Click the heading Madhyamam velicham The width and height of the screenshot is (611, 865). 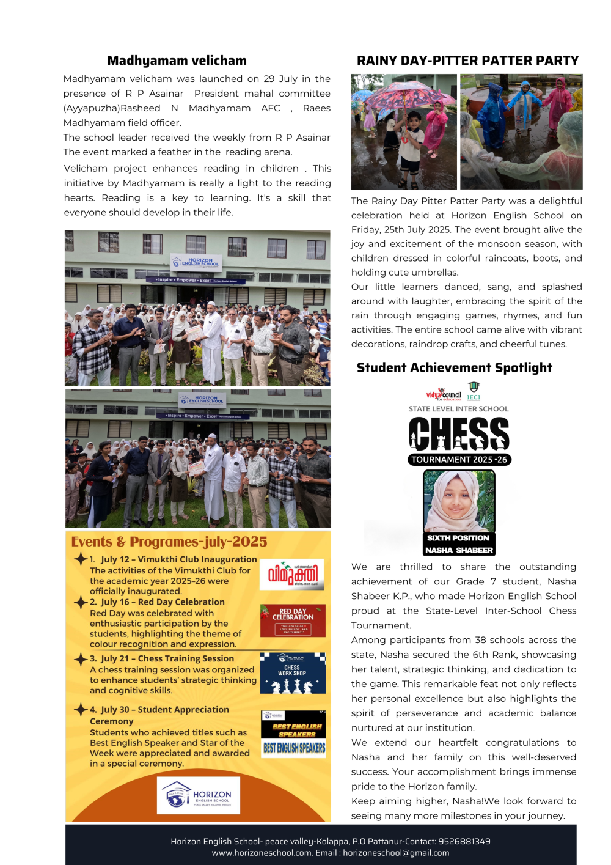[177, 61]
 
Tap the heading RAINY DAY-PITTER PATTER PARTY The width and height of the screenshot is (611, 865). [467, 61]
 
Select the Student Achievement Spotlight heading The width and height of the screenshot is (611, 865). [454, 367]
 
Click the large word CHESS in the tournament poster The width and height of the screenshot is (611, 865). [459, 434]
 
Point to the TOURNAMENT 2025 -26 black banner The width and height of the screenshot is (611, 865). [459, 460]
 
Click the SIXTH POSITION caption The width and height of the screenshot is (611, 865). [458, 538]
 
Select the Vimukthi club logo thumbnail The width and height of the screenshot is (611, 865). [292, 574]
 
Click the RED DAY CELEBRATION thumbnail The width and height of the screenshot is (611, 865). [293, 620]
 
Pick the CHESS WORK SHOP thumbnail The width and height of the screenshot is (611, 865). [293, 672]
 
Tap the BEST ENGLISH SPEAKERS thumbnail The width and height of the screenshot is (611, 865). [294, 734]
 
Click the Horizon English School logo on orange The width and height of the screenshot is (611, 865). [199, 795]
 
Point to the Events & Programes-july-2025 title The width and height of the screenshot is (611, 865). [169, 542]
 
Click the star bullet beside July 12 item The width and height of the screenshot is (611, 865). [81, 559]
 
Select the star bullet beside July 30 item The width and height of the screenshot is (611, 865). [81, 709]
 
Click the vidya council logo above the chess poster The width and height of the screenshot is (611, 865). [444, 394]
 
